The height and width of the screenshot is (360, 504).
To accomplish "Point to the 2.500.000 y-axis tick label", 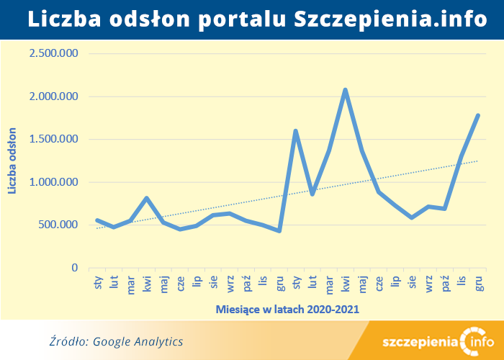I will click(53, 53).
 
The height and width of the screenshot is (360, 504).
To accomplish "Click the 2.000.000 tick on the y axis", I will click(53, 96).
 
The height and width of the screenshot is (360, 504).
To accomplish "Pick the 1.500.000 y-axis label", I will click(53, 139).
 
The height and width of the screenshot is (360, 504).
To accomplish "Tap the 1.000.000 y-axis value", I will click(53, 182).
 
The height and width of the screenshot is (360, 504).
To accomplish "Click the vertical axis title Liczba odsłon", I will click(12, 160).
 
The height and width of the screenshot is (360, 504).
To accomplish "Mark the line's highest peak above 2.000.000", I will click(346, 90).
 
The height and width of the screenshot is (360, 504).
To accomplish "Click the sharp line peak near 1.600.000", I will click(296, 131).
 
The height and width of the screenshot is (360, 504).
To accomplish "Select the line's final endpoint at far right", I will click(478, 115).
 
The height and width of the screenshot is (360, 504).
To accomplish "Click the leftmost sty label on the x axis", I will click(97, 283).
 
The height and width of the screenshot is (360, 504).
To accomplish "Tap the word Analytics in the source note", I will click(159, 341).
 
